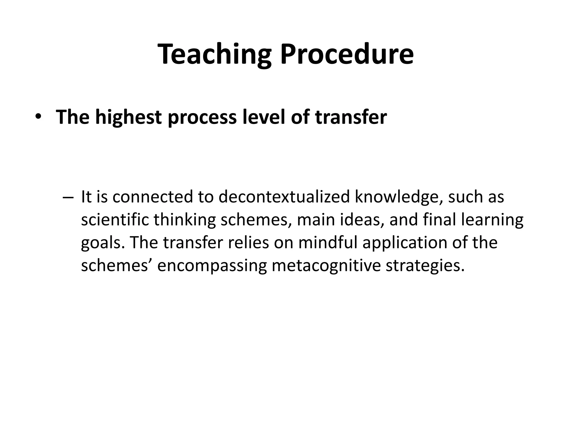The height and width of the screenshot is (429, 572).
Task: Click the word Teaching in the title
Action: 214,54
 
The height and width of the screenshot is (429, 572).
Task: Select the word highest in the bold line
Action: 128,117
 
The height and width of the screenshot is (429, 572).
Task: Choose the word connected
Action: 153,197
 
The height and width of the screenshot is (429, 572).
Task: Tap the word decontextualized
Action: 284,197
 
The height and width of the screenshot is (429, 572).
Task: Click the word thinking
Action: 185,220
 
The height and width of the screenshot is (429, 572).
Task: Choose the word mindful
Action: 327,243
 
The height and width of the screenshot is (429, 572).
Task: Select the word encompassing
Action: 212,266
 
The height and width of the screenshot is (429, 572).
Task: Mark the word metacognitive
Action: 326,266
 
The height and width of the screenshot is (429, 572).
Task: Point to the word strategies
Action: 425,266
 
